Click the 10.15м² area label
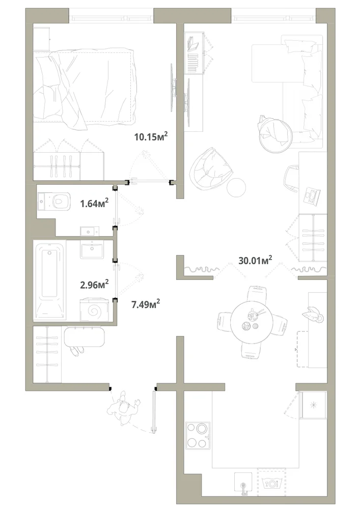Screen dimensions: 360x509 151,136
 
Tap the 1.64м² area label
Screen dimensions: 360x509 94,204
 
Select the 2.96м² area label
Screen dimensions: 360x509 94,285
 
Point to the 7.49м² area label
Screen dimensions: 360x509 146,304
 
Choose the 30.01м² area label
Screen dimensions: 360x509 255,260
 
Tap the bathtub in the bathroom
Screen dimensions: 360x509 50,280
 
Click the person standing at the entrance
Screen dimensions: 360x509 123,408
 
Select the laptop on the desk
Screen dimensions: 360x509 312,196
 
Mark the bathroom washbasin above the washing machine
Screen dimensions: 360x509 93,250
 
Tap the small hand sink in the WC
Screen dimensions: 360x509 87,232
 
